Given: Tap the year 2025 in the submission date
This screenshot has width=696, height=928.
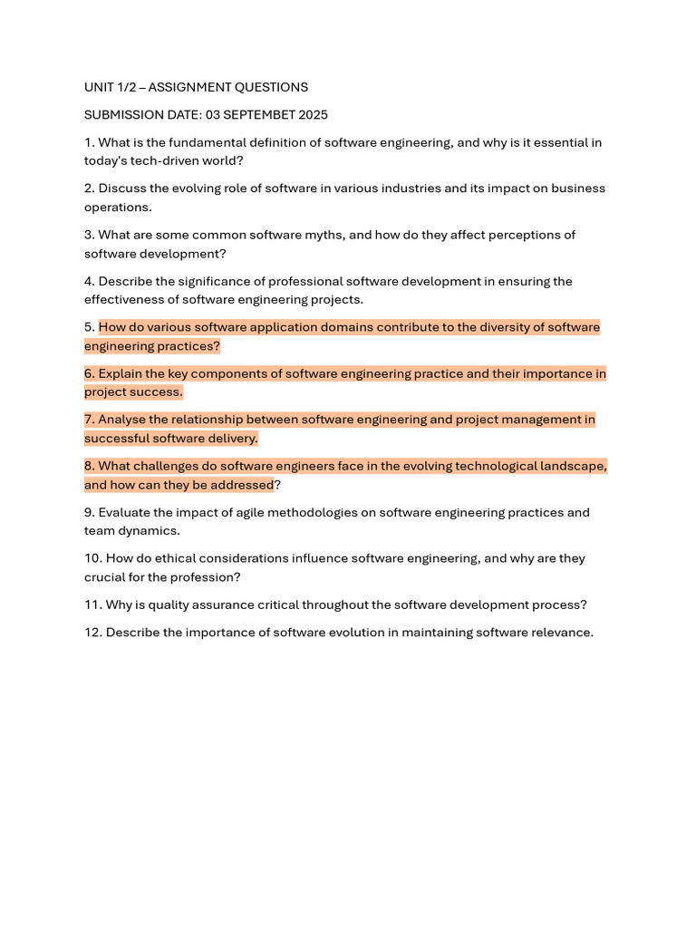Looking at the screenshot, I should [x=311, y=115].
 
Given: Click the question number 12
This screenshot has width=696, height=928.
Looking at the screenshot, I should [x=92, y=633].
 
